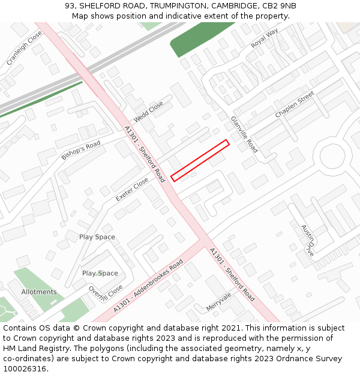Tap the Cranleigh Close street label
24,49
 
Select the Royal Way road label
265,38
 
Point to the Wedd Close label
148,111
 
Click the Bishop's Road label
80,151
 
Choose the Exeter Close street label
131,190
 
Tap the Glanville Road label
244,134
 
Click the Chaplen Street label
295,105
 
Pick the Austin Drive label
307,240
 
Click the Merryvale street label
218,302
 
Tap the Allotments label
39,292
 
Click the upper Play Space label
97,237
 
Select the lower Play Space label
100,273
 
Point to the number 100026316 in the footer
25,368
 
